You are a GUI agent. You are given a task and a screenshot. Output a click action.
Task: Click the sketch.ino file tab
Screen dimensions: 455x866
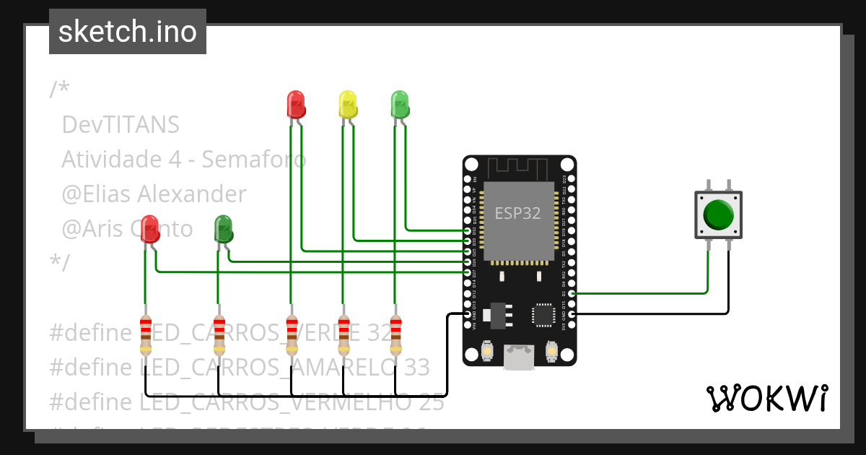(128, 32)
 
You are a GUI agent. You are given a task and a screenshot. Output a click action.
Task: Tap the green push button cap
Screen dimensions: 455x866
(718, 214)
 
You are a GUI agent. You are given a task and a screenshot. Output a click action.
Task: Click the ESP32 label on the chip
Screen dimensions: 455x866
(517, 214)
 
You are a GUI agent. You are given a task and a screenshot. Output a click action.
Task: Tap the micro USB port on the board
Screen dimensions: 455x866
(519, 357)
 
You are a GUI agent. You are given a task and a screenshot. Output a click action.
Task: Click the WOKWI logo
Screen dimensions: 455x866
(766, 398)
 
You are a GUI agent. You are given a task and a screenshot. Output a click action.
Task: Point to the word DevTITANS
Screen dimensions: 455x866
(121, 125)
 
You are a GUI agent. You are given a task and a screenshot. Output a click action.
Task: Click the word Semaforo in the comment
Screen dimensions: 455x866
(253, 160)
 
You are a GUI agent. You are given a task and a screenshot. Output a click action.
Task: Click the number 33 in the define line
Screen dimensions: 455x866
(414, 367)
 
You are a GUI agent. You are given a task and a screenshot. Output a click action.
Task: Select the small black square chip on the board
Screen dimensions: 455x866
(543, 315)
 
